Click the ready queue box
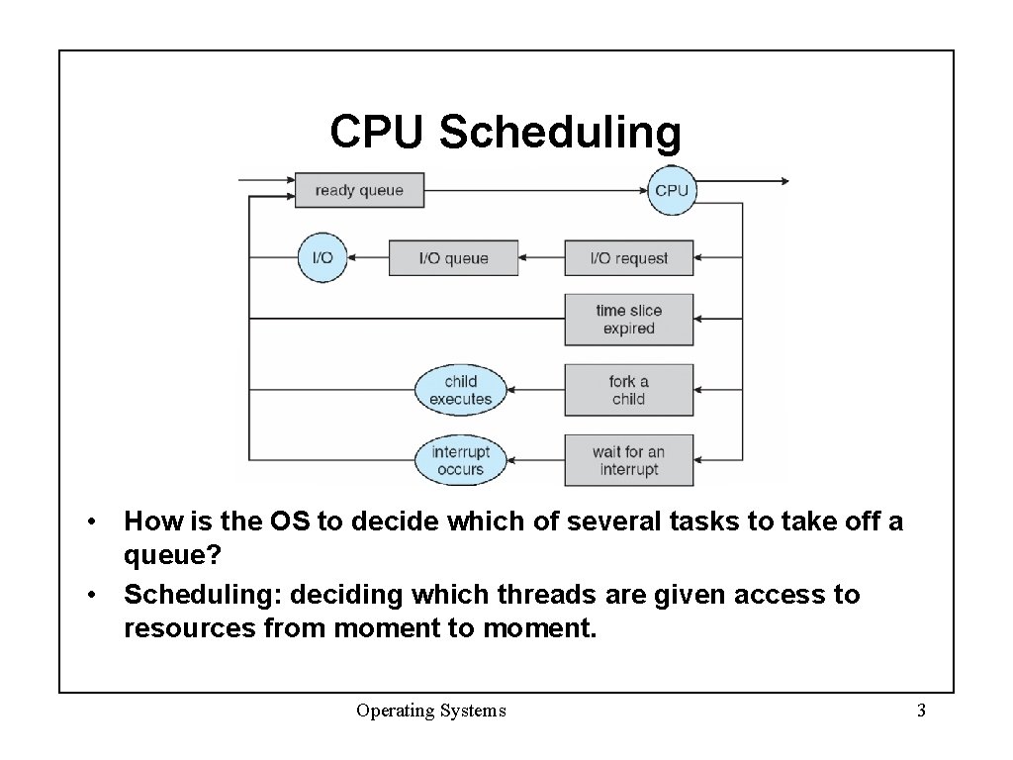pos(359,190)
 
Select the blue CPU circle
pos(672,190)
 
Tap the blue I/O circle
pos(322,258)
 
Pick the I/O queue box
pos(453,258)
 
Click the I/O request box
pos(628,258)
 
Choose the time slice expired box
pos(628,320)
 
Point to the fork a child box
pos(628,390)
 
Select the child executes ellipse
pos(460,390)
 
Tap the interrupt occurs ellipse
pos(460,460)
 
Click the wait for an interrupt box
pos(628,460)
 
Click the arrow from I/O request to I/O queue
pos(541,258)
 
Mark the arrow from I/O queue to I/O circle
pos(368,258)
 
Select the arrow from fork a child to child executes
pos(535,390)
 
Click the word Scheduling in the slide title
pos(560,132)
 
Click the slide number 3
pos(921,711)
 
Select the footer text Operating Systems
pos(431,711)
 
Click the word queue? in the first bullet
pos(172,554)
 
